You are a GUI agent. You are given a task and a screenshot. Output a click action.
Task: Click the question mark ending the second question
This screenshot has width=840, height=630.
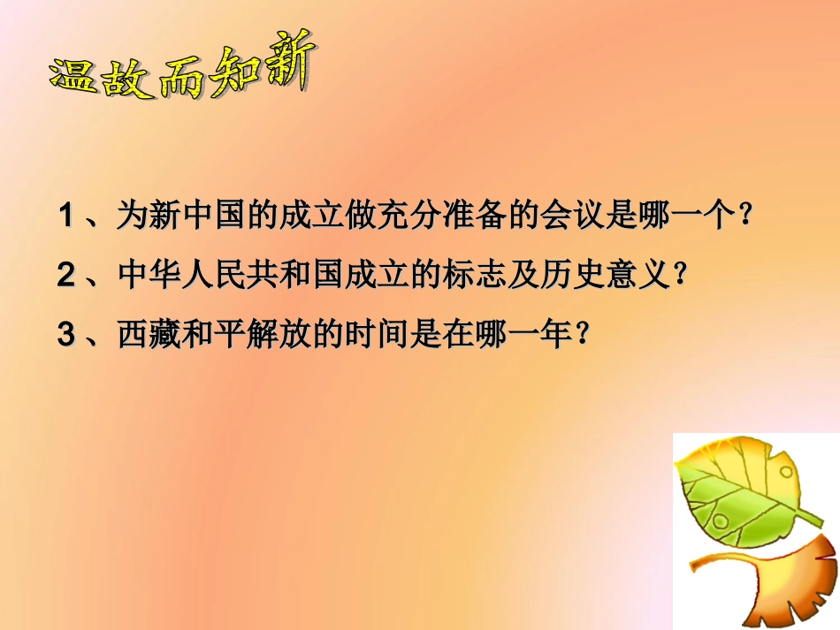click(680, 277)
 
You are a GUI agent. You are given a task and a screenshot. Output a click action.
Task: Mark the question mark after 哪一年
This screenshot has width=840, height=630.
click(581, 336)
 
